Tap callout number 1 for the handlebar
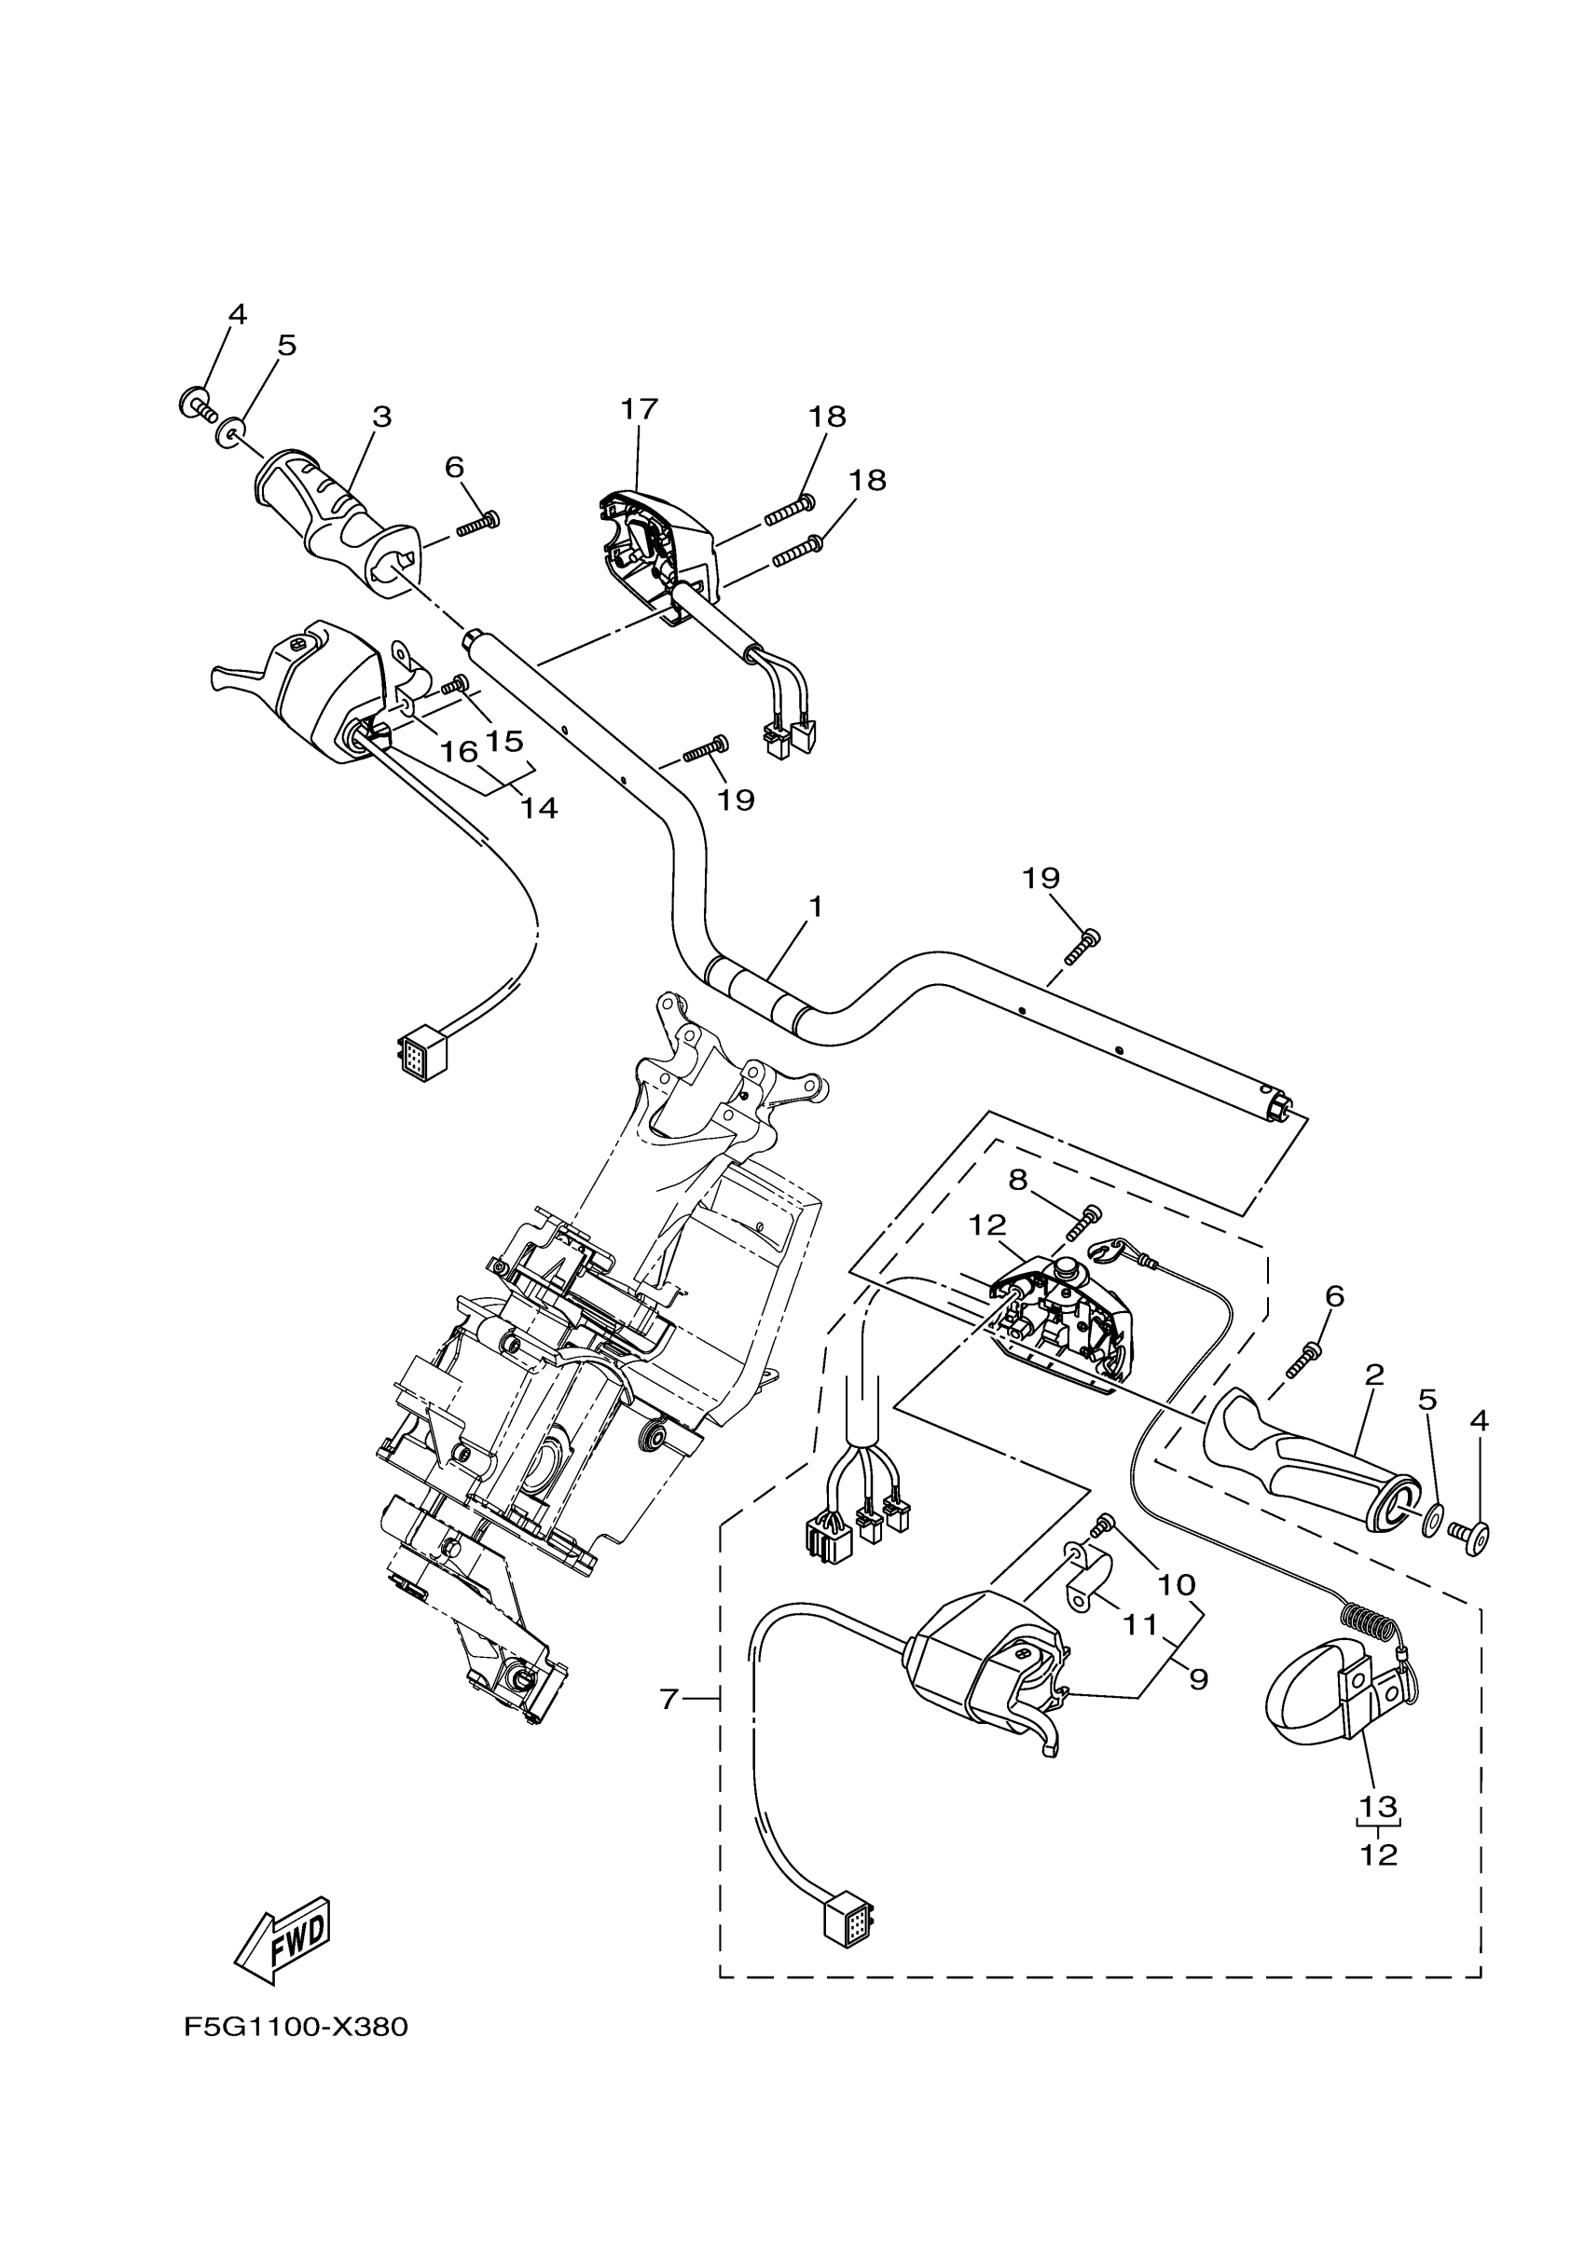click(x=815, y=908)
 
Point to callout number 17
click(x=640, y=408)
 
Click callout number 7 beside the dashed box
click(x=668, y=1701)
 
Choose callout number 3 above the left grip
click(x=382, y=417)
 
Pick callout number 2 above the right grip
click(x=1374, y=1375)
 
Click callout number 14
click(x=540, y=808)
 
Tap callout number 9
click(x=1198, y=1678)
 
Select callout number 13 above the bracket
click(x=1379, y=1805)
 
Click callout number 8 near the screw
click(x=1018, y=1180)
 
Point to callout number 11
click(x=1139, y=1624)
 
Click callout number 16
click(x=459, y=752)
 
